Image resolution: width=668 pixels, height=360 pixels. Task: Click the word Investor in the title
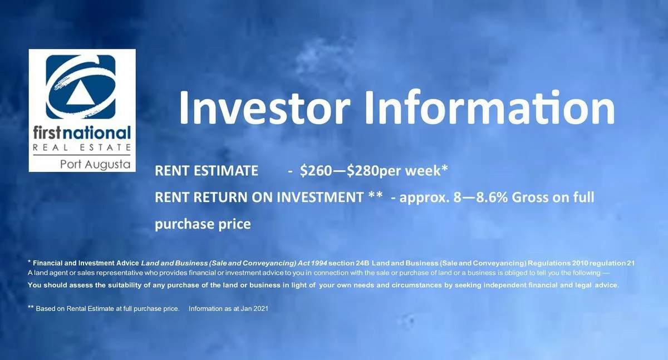265,107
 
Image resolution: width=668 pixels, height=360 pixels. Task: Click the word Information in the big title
489,107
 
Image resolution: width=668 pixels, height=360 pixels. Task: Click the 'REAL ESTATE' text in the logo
82,147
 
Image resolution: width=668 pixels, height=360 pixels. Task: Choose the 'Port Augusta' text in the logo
95,165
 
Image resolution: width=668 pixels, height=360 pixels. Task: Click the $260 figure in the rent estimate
316,171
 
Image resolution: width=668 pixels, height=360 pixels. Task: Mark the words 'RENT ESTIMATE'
207,171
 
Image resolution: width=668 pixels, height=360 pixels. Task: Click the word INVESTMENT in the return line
320,198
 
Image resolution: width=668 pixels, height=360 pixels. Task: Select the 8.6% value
492,198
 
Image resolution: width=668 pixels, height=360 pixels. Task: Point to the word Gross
529,198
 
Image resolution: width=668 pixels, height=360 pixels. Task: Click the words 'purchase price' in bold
203,224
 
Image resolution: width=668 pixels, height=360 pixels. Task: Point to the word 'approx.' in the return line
424,198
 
